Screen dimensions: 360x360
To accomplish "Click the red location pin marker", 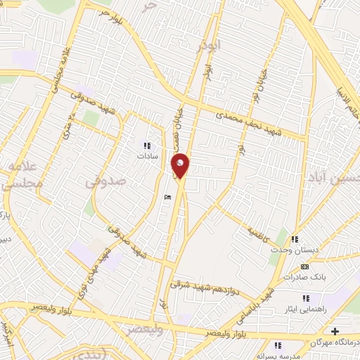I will click(x=180, y=165).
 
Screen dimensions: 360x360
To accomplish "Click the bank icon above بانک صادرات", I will click(x=304, y=267).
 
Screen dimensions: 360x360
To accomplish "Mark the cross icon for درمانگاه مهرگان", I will click(x=335, y=331).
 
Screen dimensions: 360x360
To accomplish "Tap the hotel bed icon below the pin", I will click(x=166, y=198).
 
